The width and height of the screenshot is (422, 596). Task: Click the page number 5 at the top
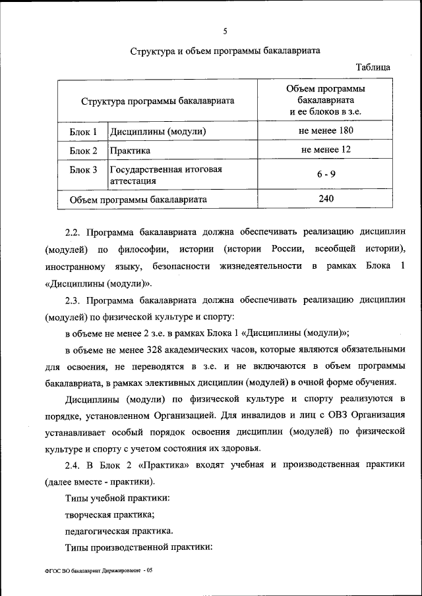click(225, 31)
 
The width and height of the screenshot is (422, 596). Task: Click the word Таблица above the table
click(373, 67)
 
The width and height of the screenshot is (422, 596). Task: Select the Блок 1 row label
click(83, 132)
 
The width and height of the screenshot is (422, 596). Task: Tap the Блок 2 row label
click(83, 151)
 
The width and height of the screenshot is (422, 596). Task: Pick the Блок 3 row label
click(83, 170)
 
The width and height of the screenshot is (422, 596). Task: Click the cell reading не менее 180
click(326, 131)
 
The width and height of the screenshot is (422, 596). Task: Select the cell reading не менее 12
click(326, 150)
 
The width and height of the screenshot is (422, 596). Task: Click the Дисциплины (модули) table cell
click(158, 132)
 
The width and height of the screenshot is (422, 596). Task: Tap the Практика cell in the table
click(130, 151)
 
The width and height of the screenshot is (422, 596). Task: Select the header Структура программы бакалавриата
click(158, 101)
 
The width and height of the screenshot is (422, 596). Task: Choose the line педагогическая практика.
click(119, 531)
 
